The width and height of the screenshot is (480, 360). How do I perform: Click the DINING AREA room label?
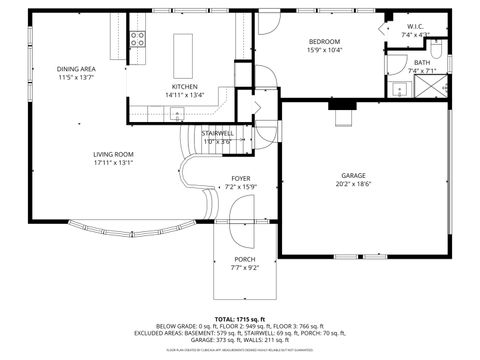click(x=76, y=69)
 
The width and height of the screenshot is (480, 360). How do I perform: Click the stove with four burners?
click(x=138, y=40)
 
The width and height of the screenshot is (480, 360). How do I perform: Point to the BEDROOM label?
click(x=324, y=41)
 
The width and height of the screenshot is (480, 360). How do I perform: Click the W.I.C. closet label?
click(x=415, y=27)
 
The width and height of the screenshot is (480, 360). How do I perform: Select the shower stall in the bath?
click(x=431, y=90)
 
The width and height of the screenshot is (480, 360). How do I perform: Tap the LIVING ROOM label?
click(x=113, y=154)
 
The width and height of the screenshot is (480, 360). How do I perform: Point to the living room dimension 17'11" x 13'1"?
click(x=113, y=163)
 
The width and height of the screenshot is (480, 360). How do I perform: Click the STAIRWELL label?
click(x=217, y=133)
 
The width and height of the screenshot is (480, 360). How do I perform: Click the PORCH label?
click(x=244, y=259)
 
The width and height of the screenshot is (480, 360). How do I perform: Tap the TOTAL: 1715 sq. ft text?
click(x=240, y=319)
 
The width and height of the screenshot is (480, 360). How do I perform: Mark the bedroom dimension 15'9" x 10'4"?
click(x=324, y=50)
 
